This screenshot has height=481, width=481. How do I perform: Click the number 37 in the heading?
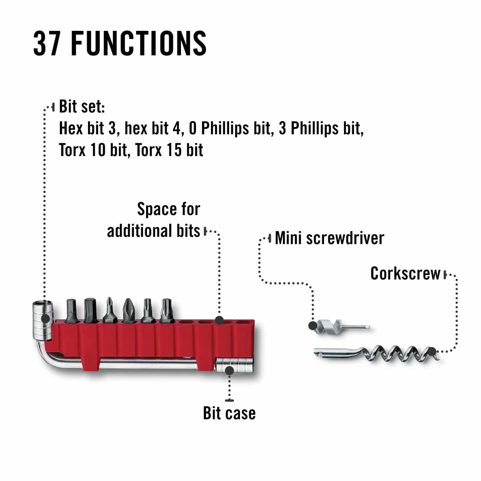[47, 43]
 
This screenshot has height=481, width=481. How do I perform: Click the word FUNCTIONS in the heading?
[139, 43]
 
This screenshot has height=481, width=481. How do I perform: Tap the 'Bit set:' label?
[82, 107]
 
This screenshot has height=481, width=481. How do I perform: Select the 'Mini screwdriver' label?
[329, 238]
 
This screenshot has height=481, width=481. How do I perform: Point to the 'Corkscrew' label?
[405, 273]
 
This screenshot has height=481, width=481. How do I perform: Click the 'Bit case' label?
[229, 413]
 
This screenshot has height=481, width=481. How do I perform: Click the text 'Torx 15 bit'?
[169, 150]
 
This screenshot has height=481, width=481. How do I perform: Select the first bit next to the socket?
[72, 311]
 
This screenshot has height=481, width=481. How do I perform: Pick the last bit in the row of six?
[166, 310]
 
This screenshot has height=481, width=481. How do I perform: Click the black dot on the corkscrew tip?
[432, 351]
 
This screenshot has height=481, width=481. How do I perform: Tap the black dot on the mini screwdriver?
[313, 325]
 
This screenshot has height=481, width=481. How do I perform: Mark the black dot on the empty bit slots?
[219, 320]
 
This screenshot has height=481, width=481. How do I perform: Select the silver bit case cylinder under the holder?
[235, 365]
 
